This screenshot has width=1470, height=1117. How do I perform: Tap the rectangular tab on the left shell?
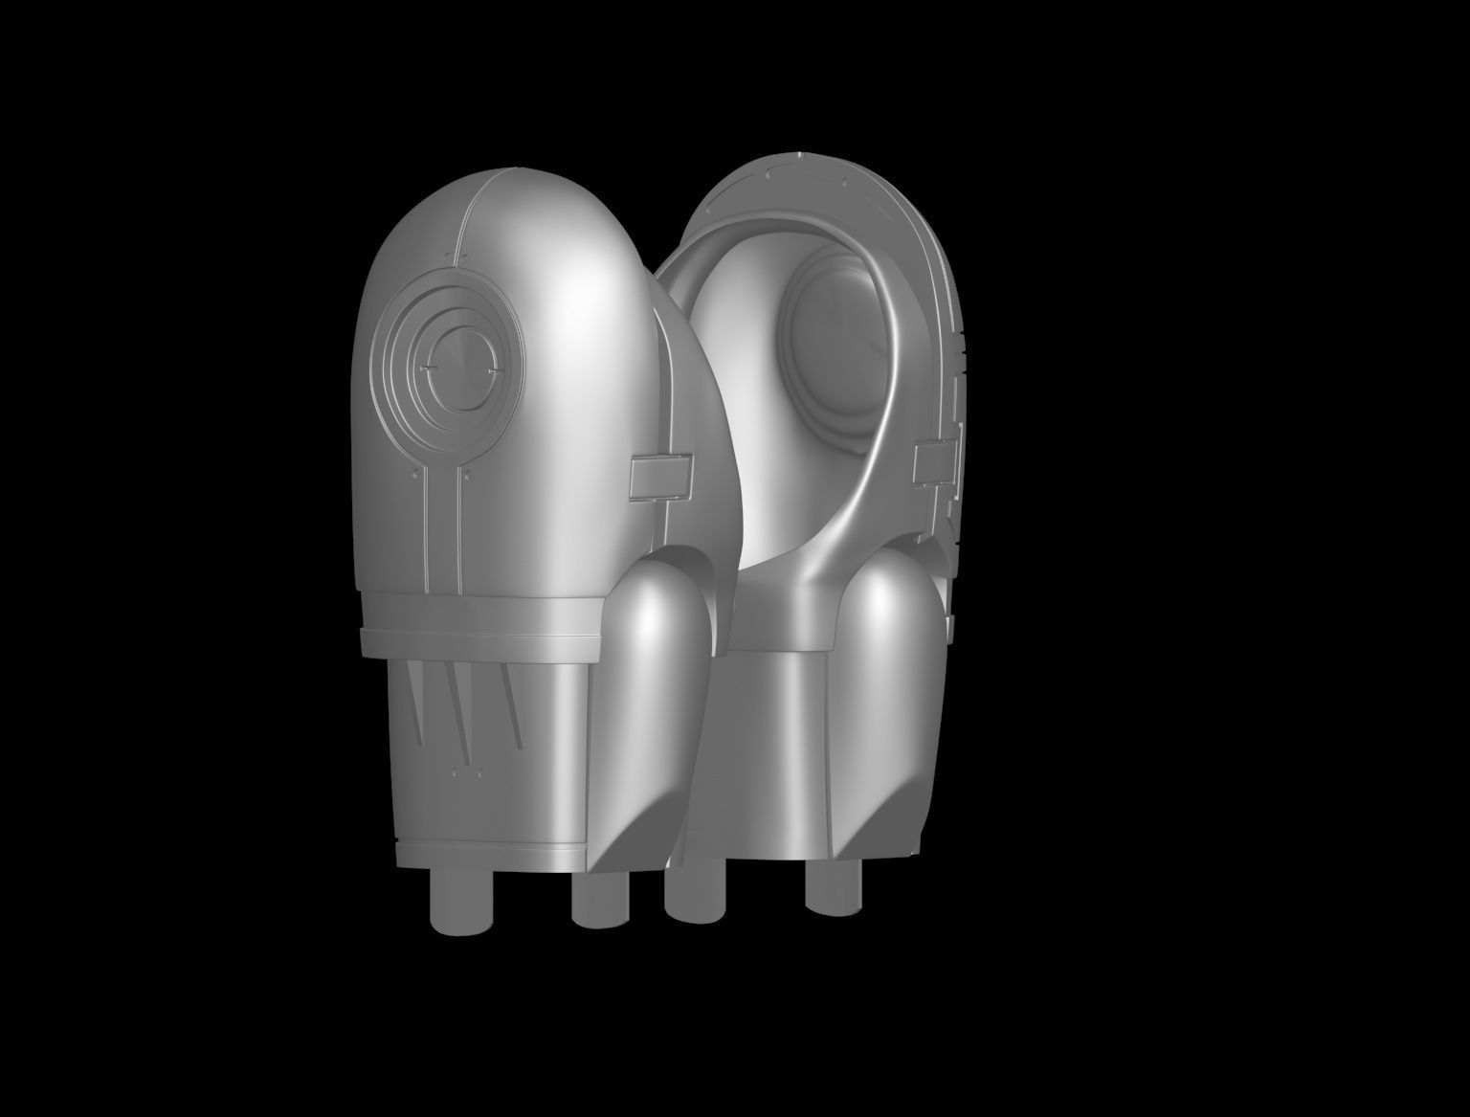tap(660, 476)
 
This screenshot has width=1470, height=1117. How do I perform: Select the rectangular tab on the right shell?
tap(936, 462)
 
